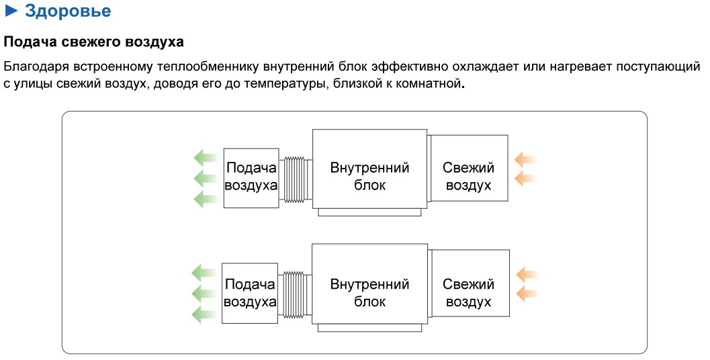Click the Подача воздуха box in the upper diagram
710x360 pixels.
point(251,177)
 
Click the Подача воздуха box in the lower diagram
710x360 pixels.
point(250,293)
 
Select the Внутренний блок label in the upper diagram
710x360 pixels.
point(369,176)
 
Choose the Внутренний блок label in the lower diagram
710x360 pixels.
point(369,293)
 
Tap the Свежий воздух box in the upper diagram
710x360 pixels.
point(469,176)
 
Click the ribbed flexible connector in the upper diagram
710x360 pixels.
point(296,179)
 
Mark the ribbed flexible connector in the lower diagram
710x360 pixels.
point(296,295)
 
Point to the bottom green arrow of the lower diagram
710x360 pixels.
point(202,314)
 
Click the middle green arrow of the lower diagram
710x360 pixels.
point(202,293)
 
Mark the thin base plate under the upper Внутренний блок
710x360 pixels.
point(369,212)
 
